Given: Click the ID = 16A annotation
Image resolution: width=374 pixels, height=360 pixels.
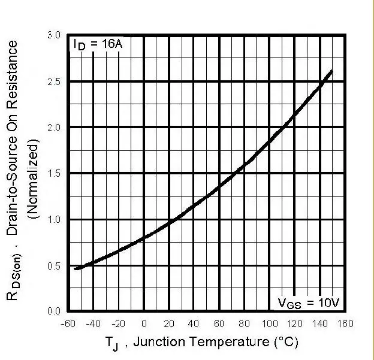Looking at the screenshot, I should click(x=98, y=44).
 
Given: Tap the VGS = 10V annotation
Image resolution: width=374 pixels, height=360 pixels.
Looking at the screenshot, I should click(x=308, y=302).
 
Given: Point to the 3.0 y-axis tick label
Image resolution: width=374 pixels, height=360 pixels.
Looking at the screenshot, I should click(x=54, y=35).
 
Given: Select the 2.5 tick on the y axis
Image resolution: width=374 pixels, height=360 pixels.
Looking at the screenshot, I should click(x=54, y=81).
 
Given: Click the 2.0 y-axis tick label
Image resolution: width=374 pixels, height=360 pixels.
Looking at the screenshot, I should click(x=54, y=128).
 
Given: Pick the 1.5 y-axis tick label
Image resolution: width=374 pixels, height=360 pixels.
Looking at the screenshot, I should click(x=54, y=174).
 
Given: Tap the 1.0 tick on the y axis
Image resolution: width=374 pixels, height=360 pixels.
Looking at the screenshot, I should click(x=54, y=220).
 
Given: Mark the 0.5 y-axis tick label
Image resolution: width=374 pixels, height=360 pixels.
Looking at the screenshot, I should click(x=54, y=266).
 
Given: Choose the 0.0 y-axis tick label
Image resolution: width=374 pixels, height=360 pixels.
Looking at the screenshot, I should click(x=54, y=311).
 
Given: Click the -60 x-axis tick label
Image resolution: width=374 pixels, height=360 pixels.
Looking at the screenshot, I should click(x=69, y=324).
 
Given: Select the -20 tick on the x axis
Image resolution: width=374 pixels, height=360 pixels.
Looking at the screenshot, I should click(x=119, y=324).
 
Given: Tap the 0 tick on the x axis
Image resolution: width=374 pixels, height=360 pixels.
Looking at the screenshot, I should click(x=144, y=324).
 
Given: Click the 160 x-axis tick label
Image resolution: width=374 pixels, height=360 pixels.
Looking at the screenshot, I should click(x=345, y=324).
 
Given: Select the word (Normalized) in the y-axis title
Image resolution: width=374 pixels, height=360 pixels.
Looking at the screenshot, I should click(x=34, y=174).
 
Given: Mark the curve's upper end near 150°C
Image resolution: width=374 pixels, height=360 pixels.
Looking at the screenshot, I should click(x=331, y=71).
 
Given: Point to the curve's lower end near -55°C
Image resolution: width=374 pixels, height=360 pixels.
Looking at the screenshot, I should click(x=76, y=268).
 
